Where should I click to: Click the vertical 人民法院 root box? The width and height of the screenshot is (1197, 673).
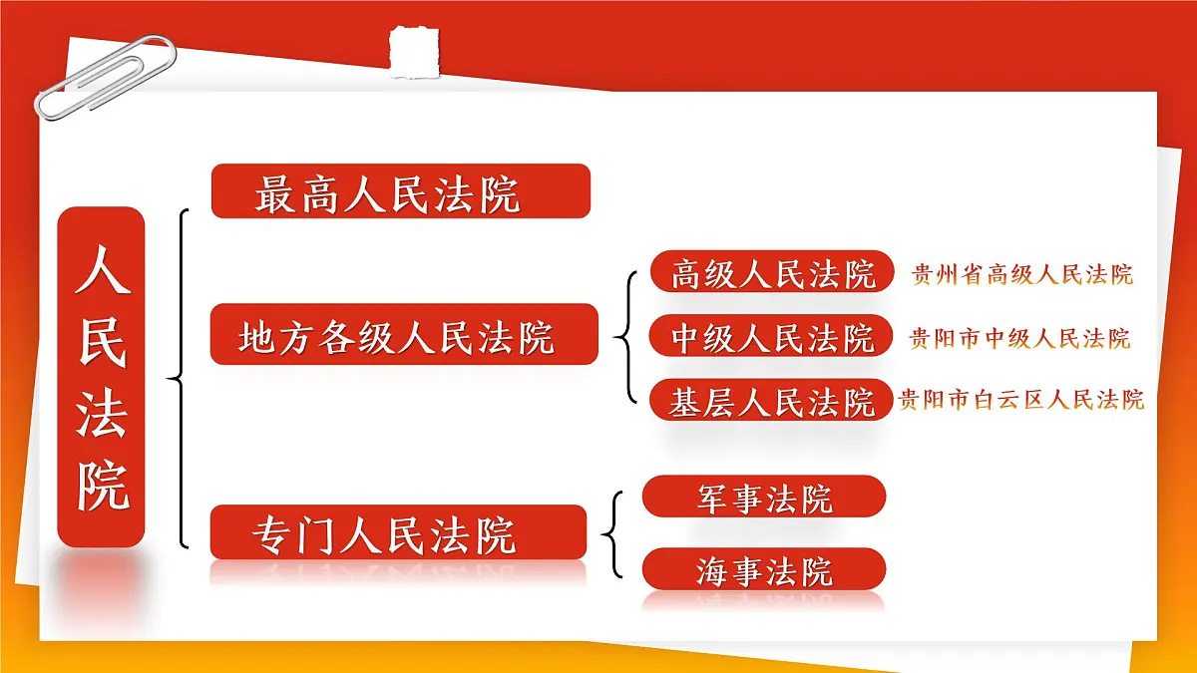(101, 376)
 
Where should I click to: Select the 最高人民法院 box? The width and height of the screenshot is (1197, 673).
(400, 191)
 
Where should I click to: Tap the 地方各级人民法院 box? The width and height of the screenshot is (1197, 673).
(403, 335)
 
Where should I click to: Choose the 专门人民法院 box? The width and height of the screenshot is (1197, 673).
(398, 532)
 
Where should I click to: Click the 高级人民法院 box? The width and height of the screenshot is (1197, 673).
(771, 271)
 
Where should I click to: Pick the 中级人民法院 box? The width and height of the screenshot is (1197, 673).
(771, 336)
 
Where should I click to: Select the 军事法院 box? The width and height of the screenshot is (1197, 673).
(763, 497)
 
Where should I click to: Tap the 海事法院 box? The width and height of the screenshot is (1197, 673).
(763, 569)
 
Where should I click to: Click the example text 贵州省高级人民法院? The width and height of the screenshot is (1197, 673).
(1022, 274)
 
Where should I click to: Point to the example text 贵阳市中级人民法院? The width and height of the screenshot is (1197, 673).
(1019, 338)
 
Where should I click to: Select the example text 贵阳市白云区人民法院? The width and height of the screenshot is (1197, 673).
(1020, 401)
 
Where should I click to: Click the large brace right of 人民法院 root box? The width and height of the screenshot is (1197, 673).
(180, 379)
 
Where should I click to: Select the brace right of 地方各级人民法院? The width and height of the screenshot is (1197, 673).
(626, 336)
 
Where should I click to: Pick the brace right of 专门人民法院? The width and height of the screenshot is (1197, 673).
(612, 533)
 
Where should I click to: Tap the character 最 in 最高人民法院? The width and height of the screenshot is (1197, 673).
(275, 194)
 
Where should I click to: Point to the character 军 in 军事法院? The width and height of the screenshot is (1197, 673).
(712, 497)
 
